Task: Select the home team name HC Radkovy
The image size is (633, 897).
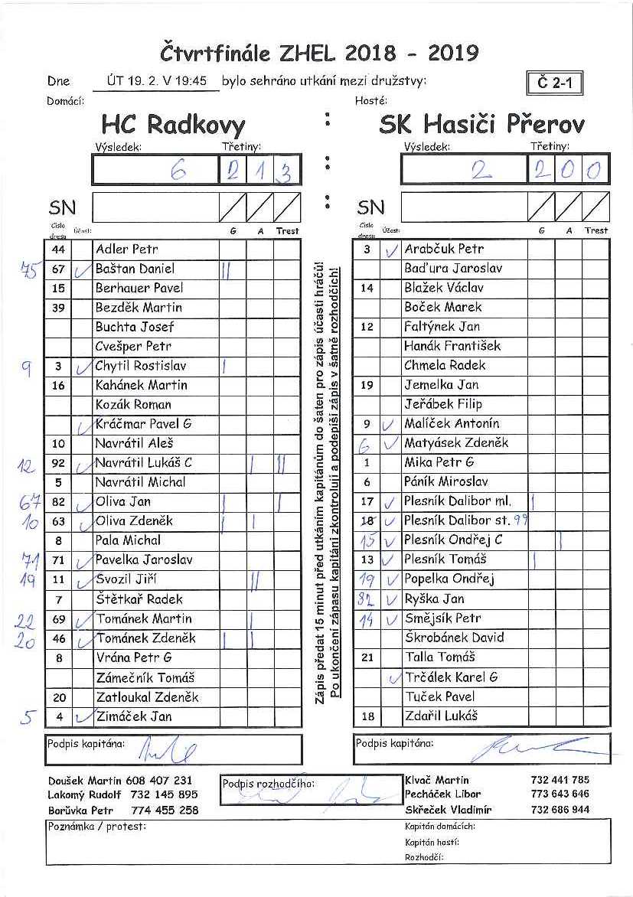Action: pos(173,125)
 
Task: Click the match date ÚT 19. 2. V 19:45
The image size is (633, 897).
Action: pos(158,81)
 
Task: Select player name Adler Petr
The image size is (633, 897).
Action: pos(127,250)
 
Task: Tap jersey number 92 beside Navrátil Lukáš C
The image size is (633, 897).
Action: pos(59,463)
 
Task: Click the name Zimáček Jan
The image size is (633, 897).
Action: pos(134,717)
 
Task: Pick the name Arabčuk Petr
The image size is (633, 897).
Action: pos(444,249)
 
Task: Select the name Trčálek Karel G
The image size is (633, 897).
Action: pos(451,677)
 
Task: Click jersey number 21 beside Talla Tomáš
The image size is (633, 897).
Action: pos(367,657)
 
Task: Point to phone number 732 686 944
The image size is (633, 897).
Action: pos(560,809)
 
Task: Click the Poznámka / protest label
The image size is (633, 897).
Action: pos(96,827)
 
